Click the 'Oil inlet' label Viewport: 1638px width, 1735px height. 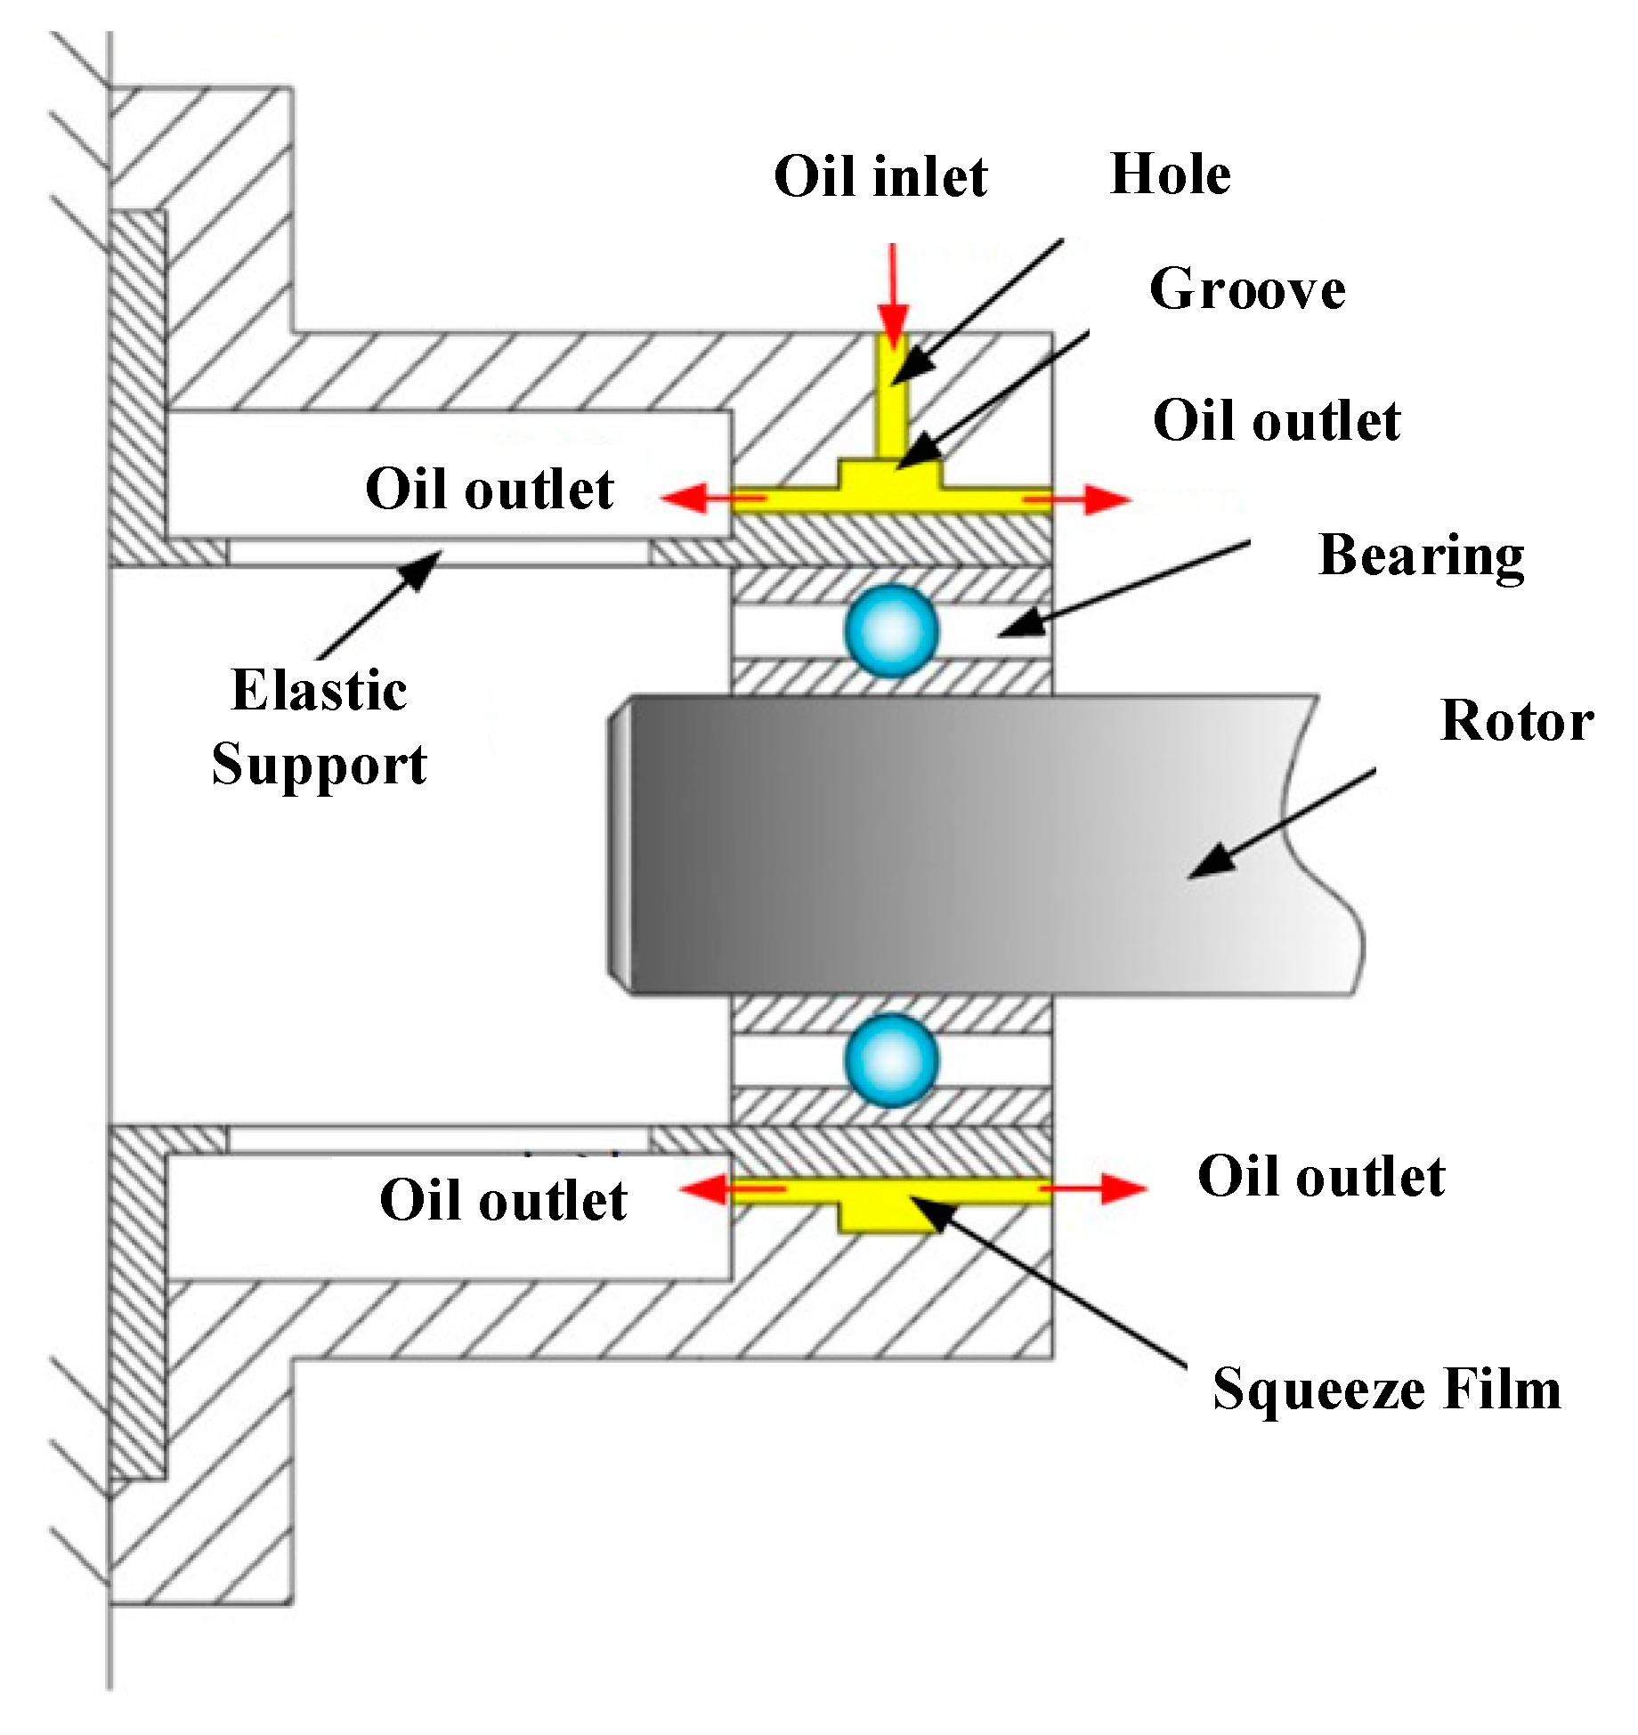880,176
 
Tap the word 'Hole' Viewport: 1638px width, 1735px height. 1170,174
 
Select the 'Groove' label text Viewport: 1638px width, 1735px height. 1246,289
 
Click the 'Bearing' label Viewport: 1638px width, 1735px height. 1420,555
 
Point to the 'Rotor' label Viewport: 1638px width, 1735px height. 1516,720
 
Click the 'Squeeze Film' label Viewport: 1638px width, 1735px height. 1386,1390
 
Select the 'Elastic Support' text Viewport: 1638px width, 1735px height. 319,727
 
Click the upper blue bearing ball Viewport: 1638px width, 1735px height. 891,630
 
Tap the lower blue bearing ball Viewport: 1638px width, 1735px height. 891,1060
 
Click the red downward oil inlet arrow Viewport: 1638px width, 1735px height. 892,294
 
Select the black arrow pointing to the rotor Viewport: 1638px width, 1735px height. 1282,824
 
